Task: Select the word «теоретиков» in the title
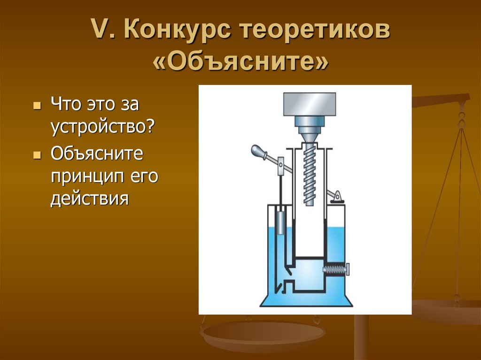pos(315,31)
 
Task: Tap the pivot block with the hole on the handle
pos(280,164)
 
